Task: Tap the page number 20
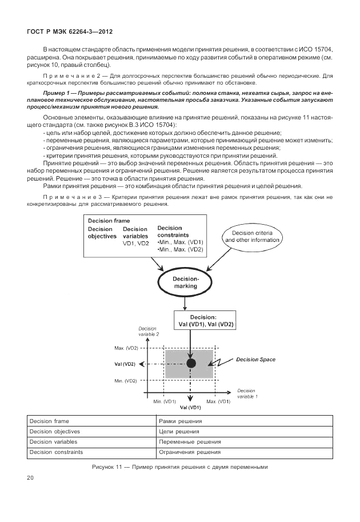click(x=31, y=477)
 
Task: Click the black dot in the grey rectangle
click(x=191, y=363)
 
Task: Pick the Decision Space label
click(x=256, y=360)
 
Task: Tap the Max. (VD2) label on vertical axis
click(x=126, y=348)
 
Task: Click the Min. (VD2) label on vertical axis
click(x=126, y=380)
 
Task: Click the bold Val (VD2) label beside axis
click(x=126, y=364)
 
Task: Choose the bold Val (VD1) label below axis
click(x=190, y=408)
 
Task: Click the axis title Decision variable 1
click(x=247, y=393)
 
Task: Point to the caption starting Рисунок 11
click(x=179, y=467)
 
